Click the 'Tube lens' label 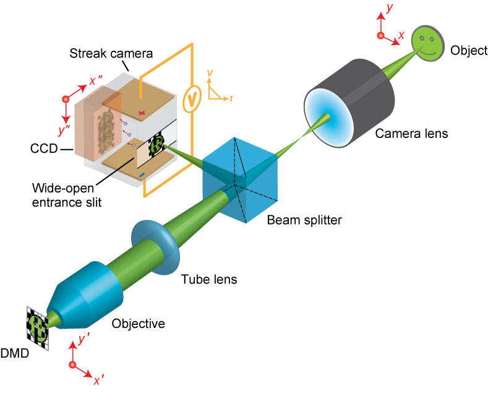[208, 279]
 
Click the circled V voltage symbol [193, 97]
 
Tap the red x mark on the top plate [142, 114]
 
